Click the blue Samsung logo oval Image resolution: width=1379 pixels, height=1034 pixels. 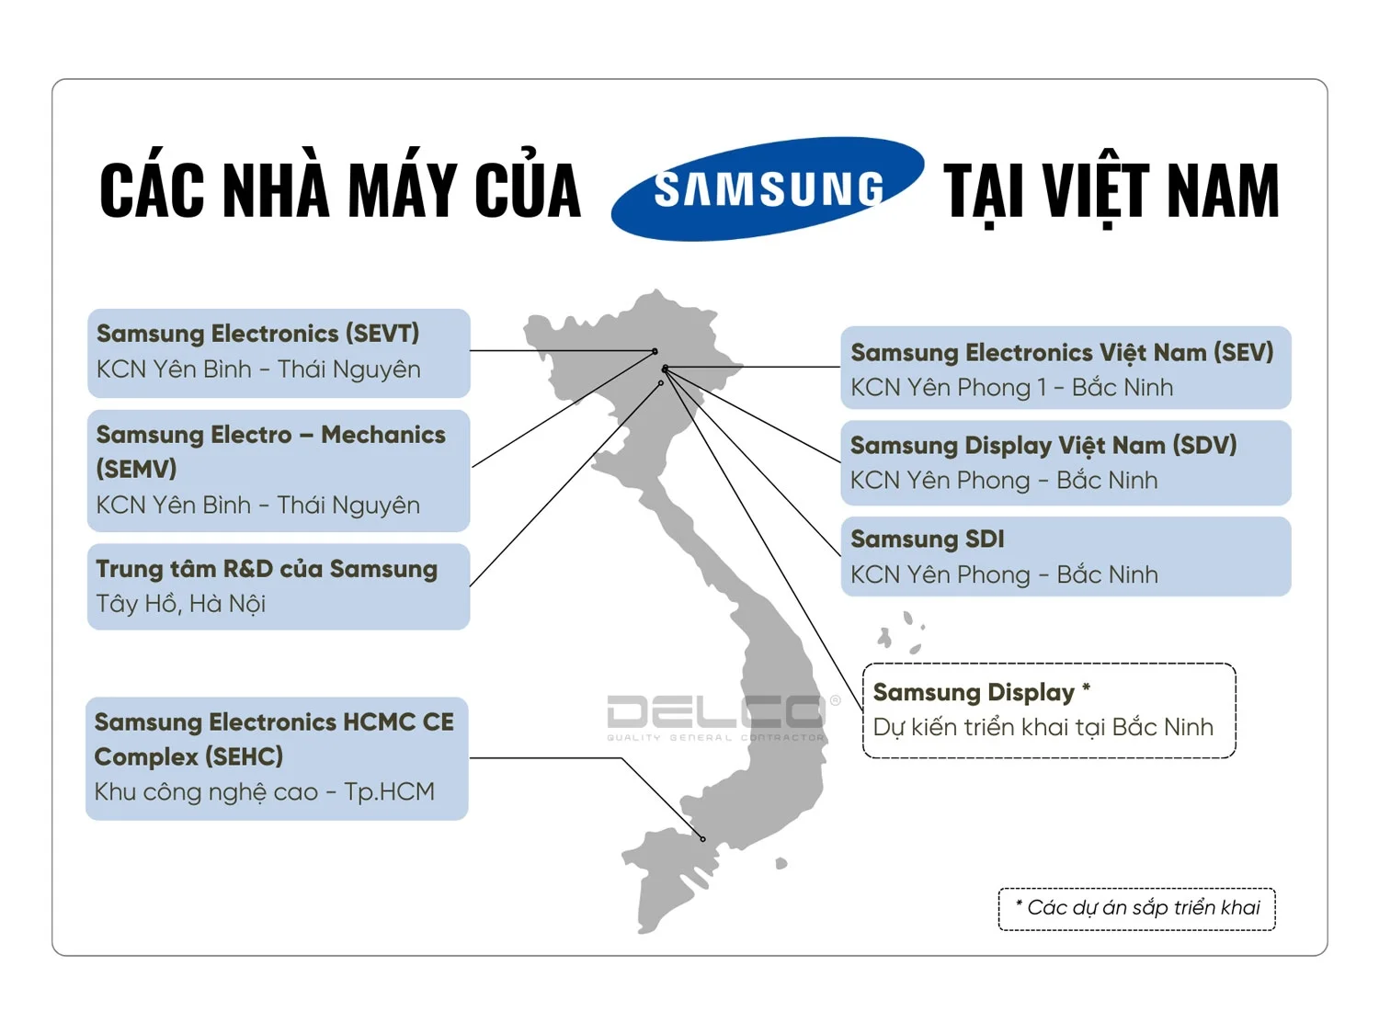(x=768, y=188)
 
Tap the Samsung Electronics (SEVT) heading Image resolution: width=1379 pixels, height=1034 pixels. (x=257, y=334)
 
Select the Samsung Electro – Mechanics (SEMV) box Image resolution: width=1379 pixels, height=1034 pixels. (x=279, y=470)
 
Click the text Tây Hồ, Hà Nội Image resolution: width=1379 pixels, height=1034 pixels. (x=181, y=604)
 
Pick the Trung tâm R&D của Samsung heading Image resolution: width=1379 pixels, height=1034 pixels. (x=267, y=569)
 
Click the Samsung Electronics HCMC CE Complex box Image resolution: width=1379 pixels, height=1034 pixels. (x=277, y=757)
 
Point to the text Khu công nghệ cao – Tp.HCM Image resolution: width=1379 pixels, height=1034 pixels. (x=265, y=791)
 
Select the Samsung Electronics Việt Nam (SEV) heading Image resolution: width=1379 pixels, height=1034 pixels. (x=1062, y=352)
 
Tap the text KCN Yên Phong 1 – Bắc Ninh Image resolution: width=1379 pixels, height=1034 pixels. (x=1012, y=388)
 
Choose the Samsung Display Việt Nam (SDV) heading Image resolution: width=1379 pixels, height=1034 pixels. (x=1043, y=446)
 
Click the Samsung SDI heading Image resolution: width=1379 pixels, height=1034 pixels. (x=928, y=540)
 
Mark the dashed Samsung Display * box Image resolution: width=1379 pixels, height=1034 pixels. (x=1049, y=710)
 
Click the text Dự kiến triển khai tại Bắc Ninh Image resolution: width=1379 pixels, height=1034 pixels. (x=1043, y=727)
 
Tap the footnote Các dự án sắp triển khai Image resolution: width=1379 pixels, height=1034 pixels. (x=1137, y=908)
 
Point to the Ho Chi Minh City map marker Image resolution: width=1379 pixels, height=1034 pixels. (x=703, y=839)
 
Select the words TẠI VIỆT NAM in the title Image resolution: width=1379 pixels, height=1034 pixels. (x=1111, y=191)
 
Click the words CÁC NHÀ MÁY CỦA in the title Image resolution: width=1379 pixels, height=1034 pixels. (x=340, y=191)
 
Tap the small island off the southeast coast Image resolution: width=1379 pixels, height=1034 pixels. (x=781, y=863)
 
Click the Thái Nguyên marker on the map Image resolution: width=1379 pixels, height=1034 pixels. (x=655, y=351)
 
